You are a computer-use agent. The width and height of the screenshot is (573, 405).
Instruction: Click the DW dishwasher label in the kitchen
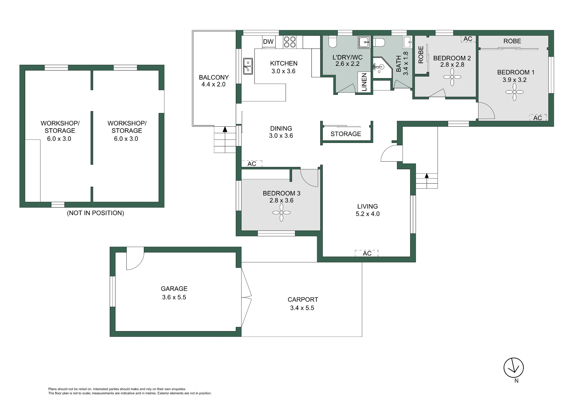coord(268,42)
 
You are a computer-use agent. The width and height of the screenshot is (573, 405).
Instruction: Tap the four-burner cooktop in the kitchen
coord(289,42)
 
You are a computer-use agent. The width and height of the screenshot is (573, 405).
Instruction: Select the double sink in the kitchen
coord(248,66)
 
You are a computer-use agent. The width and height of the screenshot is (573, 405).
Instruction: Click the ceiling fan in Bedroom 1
coord(514,92)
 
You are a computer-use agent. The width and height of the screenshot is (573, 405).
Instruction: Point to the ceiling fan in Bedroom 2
coord(452,77)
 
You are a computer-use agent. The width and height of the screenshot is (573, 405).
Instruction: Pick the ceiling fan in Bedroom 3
coord(281,213)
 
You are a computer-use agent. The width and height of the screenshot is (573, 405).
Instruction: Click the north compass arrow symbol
coord(514,368)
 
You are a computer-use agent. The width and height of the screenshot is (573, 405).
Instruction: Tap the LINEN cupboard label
coord(364,82)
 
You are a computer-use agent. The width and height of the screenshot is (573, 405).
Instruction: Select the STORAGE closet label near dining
coord(346,134)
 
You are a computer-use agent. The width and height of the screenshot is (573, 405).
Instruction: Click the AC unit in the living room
coord(366,253)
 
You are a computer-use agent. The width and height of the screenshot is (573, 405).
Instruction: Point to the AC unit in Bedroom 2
coord(468,39)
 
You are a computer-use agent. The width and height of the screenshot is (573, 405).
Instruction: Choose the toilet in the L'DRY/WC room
coord(333,42)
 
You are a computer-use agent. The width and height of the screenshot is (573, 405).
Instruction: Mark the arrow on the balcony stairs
coord(225,129)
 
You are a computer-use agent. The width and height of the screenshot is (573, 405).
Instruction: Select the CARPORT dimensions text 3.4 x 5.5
coord(302,308)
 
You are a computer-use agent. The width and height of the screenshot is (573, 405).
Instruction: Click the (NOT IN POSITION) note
coord(95,213)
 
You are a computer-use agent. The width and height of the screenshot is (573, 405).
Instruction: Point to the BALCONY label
coord(214,77)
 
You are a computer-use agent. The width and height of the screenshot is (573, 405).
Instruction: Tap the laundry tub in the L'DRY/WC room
coord(364,42)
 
